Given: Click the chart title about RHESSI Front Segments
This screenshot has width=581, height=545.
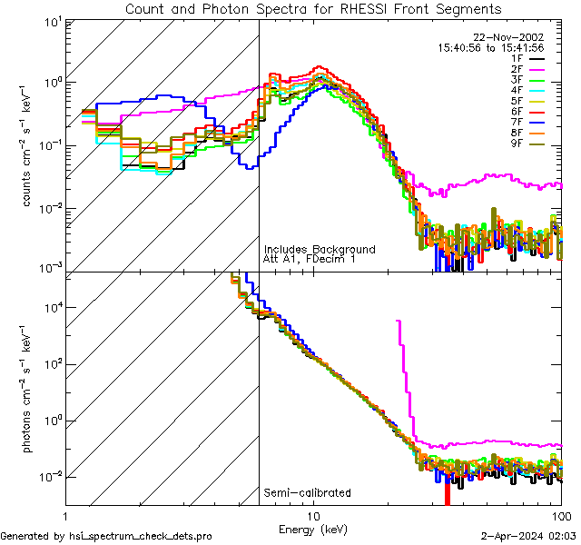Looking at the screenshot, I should [313, 8].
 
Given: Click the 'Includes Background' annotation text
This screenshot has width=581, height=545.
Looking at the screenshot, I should [319, 249].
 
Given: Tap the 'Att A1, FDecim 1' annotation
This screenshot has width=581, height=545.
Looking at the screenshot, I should [310, 260].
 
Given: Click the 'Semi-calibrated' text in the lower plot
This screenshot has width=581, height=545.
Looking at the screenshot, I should [307, 493].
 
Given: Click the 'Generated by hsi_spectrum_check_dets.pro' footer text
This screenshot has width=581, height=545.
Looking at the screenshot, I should [107, 537].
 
